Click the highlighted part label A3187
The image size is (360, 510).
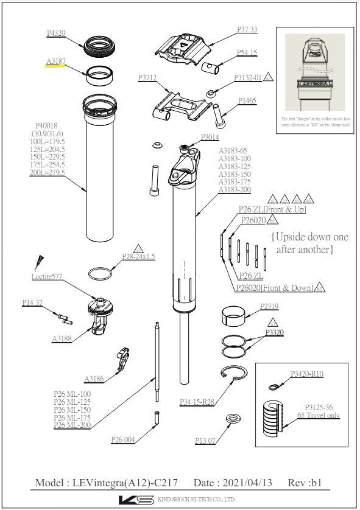tap(57, 61)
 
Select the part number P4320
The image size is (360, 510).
tap(57, 34)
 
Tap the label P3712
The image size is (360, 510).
tap(148, 78)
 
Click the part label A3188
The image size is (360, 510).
tap(63, 338)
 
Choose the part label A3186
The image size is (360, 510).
tap(94, 379)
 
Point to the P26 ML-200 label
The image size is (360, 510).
tap(72, 425)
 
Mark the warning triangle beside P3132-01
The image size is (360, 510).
tap(269, 77)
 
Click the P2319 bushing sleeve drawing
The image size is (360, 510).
tap(235, 316)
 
